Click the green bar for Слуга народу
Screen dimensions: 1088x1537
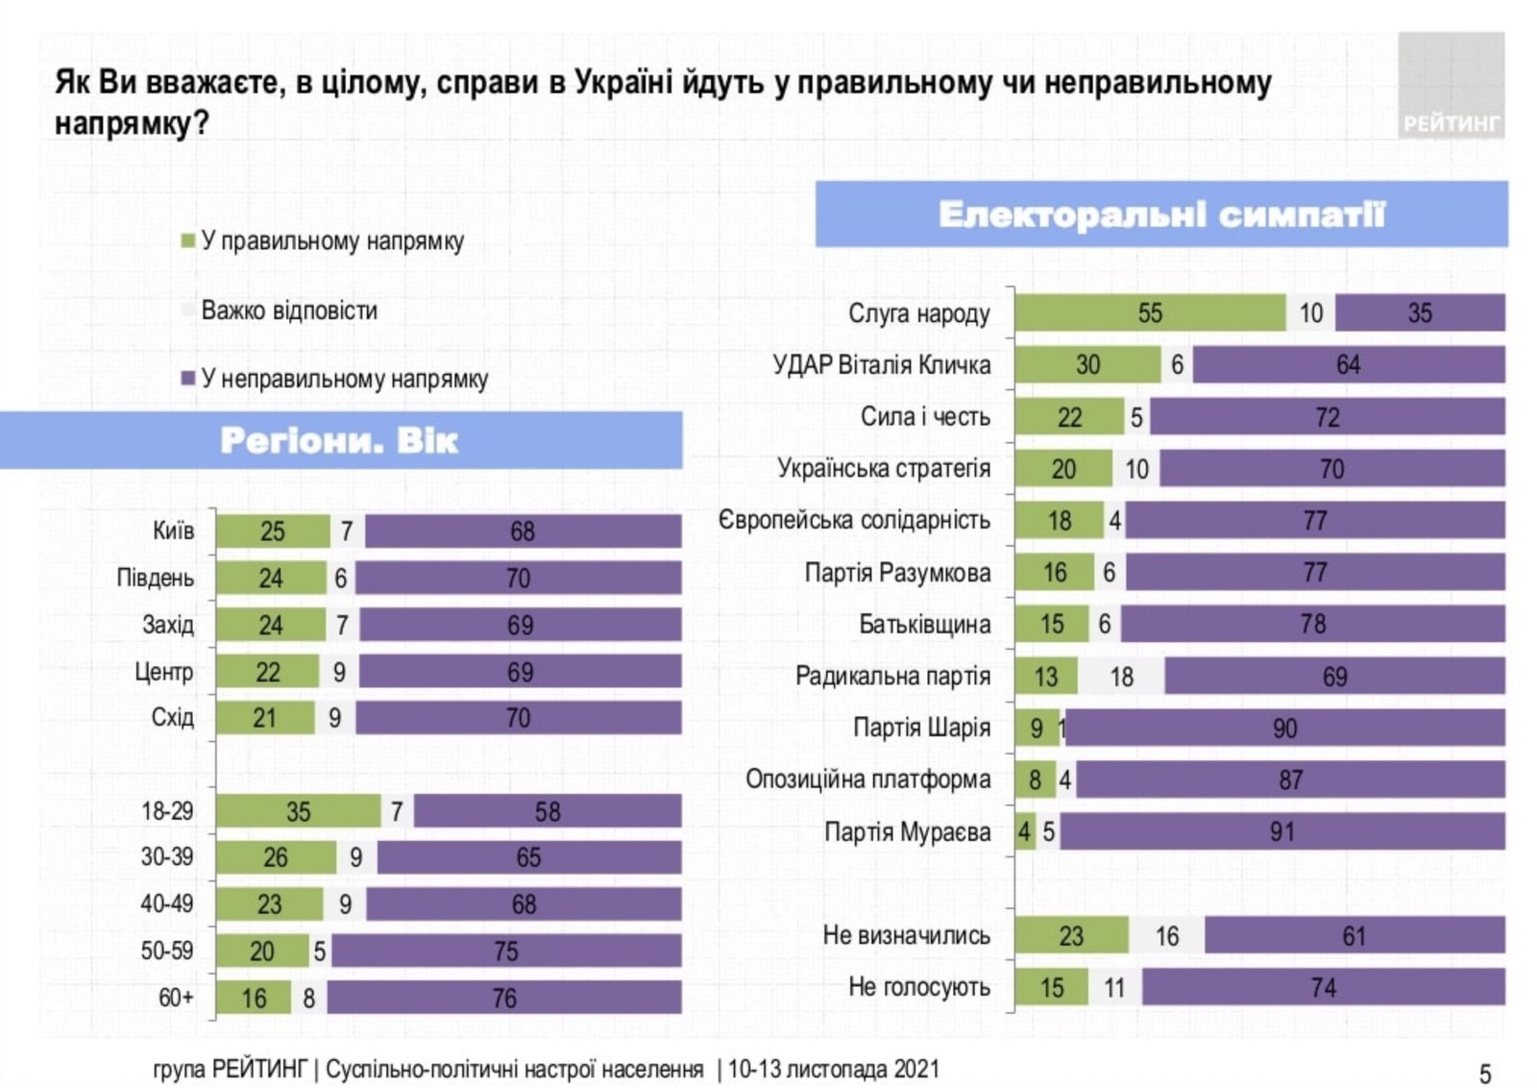tap(1149, 313)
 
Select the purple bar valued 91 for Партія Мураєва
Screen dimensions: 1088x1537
tap(1281, 831)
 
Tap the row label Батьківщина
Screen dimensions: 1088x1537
tap(924, 625)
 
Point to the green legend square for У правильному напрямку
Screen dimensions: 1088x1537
tap(188, 240)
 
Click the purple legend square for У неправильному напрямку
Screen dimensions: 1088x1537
tap(188, 379)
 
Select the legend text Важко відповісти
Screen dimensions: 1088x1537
tap(288, 310)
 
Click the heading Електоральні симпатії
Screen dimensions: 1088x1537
tap(1160, 214)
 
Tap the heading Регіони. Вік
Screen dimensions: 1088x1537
tap(339, 441)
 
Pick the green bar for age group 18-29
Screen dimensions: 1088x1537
tap(298, 811)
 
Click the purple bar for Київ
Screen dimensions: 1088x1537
tap(523, 532)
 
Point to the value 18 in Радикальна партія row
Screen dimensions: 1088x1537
tap(1121, 677)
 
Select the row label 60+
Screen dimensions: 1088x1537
tap(176, 998)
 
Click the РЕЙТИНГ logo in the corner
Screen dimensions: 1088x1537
tap(1451, 87)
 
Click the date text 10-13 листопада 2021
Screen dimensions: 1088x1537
tap(833, 1069)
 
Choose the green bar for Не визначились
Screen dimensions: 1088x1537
tap(1070, 935)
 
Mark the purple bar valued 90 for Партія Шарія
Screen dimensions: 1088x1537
tap(1284, 729)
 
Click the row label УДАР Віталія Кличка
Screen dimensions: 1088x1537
tap(881, 365)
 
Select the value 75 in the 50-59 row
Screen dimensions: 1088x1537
tap(506, 952)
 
